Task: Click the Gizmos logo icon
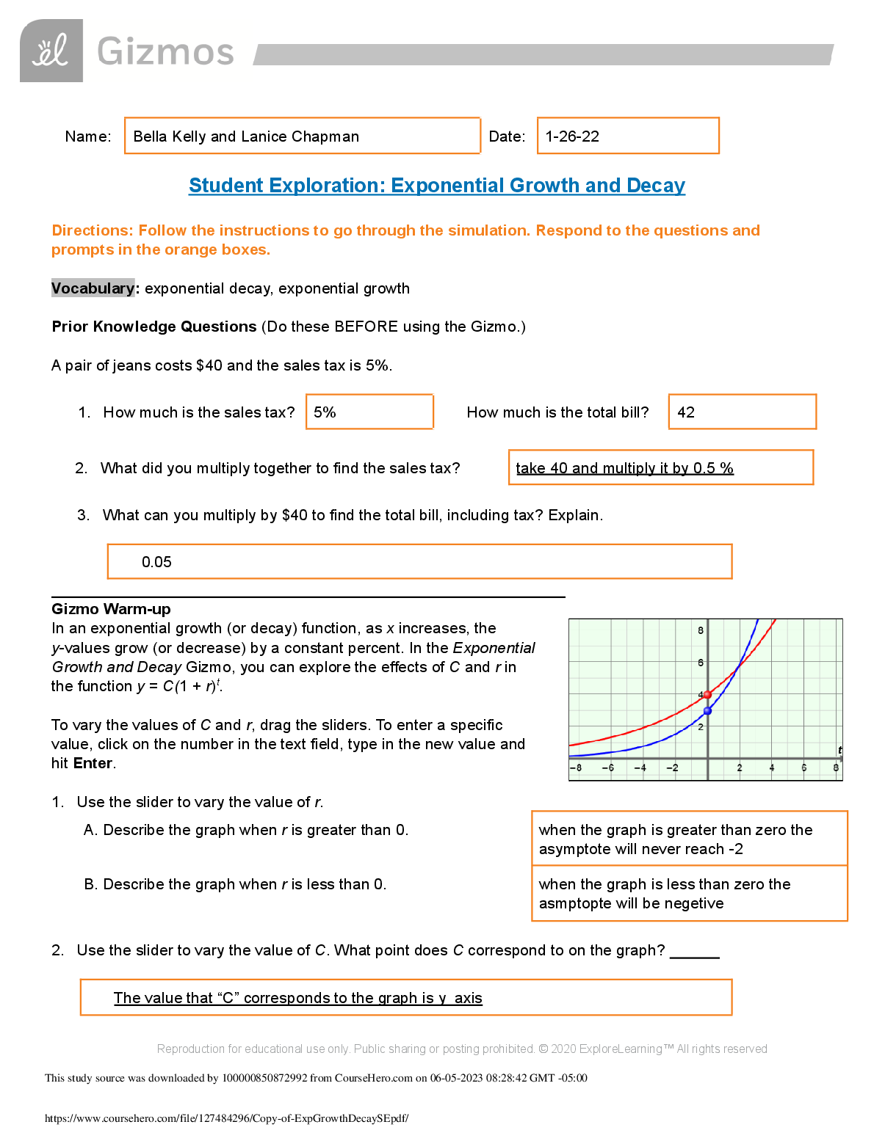[51, 51]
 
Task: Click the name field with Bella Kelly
[302, 136]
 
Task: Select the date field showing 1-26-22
[627, 136]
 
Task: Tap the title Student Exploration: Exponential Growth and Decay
[437, 186]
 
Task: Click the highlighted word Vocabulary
[93, 288]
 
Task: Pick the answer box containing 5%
[369, 412]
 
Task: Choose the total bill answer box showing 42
[742, 412]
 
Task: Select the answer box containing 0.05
[419, 561]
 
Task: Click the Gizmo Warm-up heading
[111, 609]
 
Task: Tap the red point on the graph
[707, 694]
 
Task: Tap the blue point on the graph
[707, 711]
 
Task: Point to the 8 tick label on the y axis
[701, 630]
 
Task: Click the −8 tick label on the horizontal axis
[576, 768]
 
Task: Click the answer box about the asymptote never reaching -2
[689, 839]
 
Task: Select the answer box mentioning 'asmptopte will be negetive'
[689, 893]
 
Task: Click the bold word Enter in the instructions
[93, 763]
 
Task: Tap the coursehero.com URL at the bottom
[226, 1118]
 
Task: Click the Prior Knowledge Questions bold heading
[154, 327]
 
